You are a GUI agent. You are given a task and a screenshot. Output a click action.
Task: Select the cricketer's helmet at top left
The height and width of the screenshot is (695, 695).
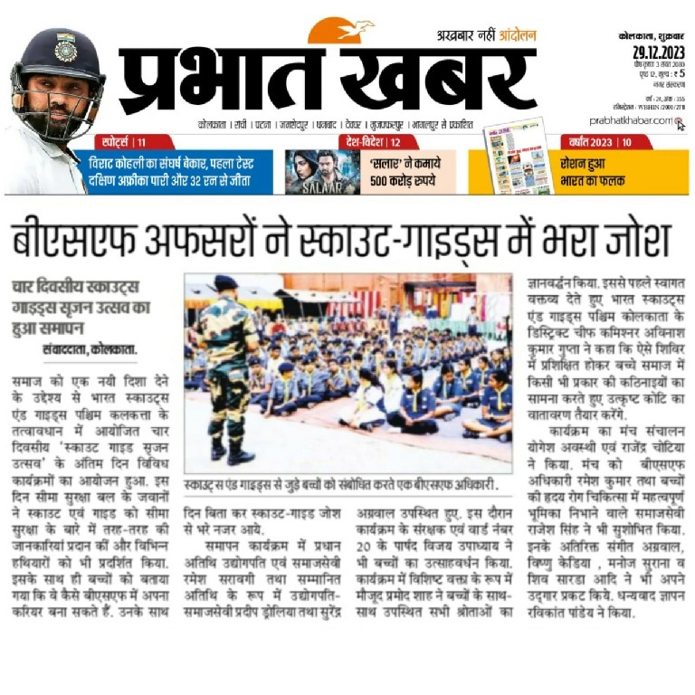56,56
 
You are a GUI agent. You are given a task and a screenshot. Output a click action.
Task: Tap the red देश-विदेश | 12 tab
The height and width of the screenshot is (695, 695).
367,141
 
